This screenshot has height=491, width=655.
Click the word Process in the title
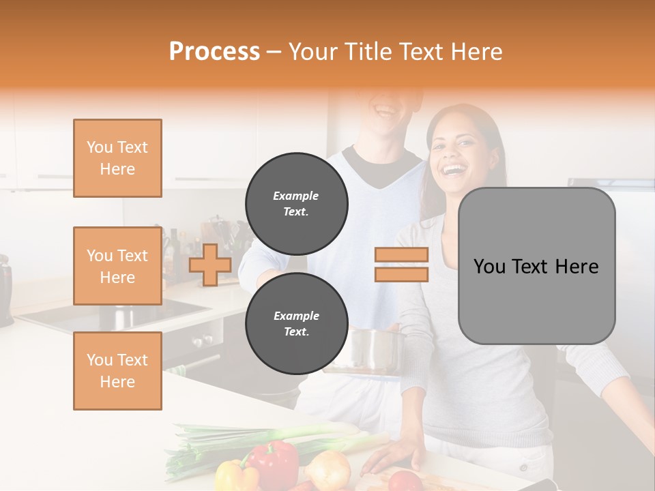(214, 52)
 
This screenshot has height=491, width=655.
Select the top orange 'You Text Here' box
(117, 158)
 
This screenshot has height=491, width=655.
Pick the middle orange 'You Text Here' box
(117, 266)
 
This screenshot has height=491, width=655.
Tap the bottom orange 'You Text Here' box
(117, 371)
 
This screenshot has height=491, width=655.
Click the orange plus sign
(210, 265)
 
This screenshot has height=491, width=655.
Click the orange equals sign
(401, 265)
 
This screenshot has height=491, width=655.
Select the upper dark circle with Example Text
(296, 203)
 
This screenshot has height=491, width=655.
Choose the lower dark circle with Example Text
(296, 323)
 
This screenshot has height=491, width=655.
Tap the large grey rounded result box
(536, 266)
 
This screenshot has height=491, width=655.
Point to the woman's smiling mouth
(453, 168)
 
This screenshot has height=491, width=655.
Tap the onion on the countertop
(328, 468)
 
